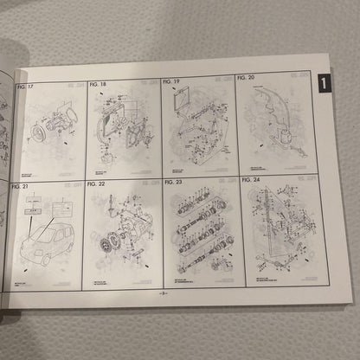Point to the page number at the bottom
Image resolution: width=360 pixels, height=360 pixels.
coord(180,293)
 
